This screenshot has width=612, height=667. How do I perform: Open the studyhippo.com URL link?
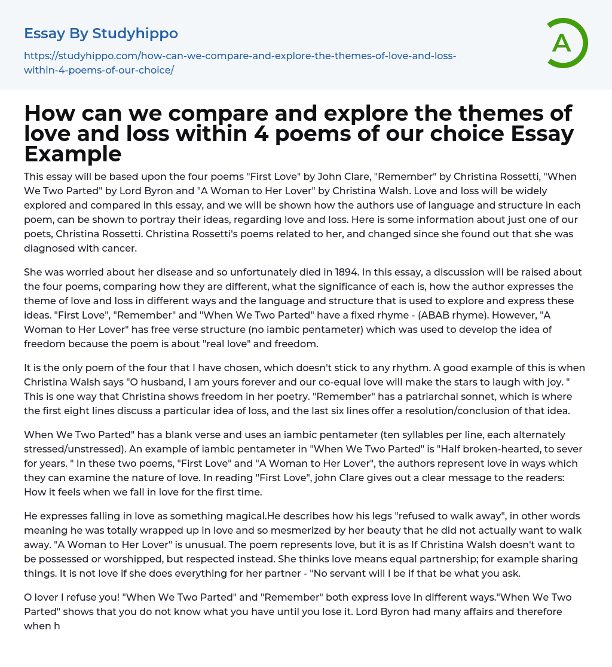point(239,63)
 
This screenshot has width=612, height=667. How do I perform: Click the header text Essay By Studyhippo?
point(101,33)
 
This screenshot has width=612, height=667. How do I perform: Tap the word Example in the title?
point(73,154)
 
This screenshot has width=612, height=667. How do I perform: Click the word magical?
point(238,516)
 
